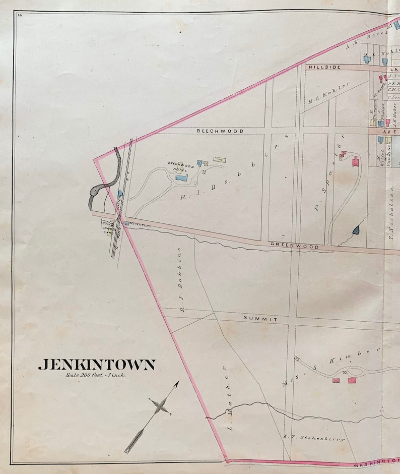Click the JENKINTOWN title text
click(x=97, y=365)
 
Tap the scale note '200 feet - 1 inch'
click(x=95, y=375)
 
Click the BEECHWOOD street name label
click(x=220, y=131)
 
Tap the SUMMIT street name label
click(x=260, y=319)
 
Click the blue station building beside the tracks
click(x=120, y=194)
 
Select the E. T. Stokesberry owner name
click(x=314, y=439)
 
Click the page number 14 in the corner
click(x=19, y=16)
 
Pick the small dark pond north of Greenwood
click(x=356, y=230)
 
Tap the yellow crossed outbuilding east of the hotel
click(x=219, y=159)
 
